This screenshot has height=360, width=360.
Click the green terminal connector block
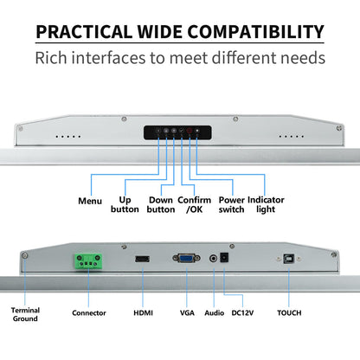coord(89,261)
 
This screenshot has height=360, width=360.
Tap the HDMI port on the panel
coord(143,259)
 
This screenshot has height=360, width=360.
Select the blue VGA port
coord(186,258)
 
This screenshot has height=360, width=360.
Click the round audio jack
coord(213,258)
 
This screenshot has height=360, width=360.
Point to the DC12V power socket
coord(224,257)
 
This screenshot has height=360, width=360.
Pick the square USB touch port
coord(288,259)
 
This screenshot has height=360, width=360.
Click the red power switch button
coord(190,131)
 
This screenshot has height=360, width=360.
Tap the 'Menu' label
coord(90,201)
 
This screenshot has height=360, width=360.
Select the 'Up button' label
coord(125,204)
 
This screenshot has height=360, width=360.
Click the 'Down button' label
coord(161,204)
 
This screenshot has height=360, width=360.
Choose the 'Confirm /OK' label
coord(194,204)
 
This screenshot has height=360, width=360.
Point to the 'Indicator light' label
coord(266,204)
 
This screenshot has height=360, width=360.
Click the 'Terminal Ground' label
coord(25,314)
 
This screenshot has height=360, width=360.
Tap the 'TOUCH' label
coord(289,313)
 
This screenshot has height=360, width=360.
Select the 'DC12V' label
coord(242,313)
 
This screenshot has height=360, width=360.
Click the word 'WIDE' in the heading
coord(159,32)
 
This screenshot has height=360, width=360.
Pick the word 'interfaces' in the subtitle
coord(108,58)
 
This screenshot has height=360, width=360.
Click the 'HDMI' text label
coord(143,313)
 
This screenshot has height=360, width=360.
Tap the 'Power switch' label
coord(231,204)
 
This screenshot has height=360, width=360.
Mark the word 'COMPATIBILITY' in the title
coord(256,32)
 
